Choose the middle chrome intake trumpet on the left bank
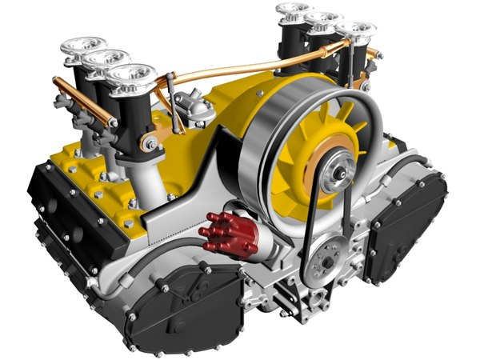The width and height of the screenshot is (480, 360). (106, 59)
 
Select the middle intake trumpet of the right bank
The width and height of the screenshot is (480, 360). (323, 20)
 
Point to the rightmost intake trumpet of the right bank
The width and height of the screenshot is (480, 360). (355, 31)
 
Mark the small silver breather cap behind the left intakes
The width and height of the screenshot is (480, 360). (192, 104)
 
